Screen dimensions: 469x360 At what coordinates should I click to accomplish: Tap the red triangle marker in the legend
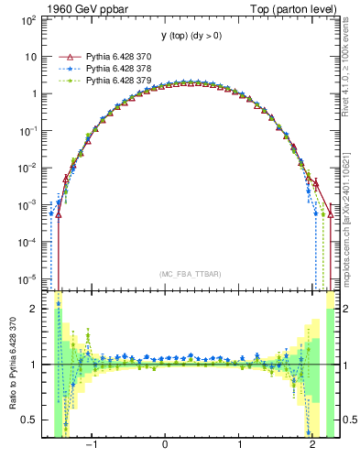pyautogui.click(x=63, y=56)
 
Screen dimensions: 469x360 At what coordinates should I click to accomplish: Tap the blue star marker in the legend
pyautogui.click(x=63, y=68)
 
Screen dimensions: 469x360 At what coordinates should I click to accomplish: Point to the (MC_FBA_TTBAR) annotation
pyautogui.click(x=190, y=274)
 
